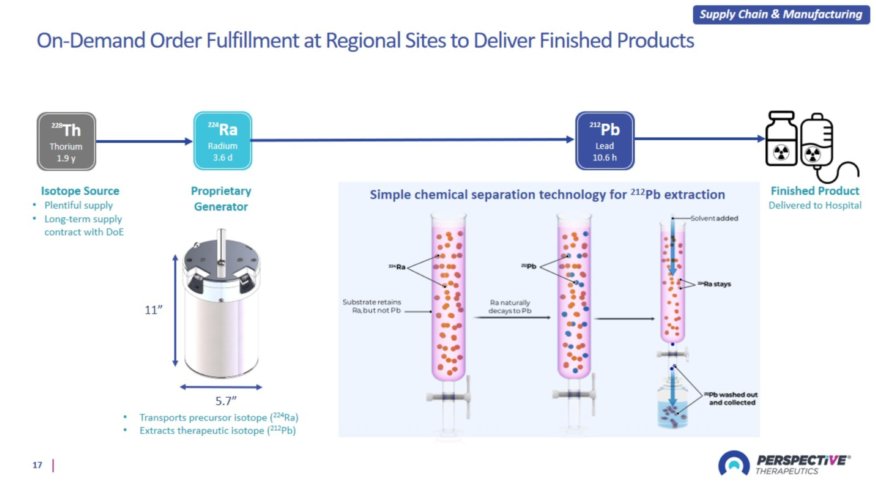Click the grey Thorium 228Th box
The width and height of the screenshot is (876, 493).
click(x=66, y=141)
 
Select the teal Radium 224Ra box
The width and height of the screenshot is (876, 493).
click(x=223, y=141)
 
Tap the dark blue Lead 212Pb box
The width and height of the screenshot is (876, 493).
click(x=605, y=141)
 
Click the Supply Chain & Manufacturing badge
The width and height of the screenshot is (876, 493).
click(x=781, y=14)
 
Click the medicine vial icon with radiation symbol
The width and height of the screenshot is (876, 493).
click(x=781, y=139)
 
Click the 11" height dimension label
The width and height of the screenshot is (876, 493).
click(x=153, y=310)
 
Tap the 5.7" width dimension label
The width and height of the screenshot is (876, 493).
click(x=226, y=401)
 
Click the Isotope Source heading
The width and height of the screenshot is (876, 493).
click(x=80, y=191)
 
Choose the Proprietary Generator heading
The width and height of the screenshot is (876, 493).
click(x=221, y=199)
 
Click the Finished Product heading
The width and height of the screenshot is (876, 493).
click(x=815, y=191)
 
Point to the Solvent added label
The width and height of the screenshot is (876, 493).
click(x=714, y=218)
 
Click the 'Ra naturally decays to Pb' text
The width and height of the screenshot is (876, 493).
click(x=510, y=307)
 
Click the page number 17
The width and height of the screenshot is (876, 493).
click(x=37, y=465)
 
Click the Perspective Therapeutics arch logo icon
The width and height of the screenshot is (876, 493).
click(x=734, y=463)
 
